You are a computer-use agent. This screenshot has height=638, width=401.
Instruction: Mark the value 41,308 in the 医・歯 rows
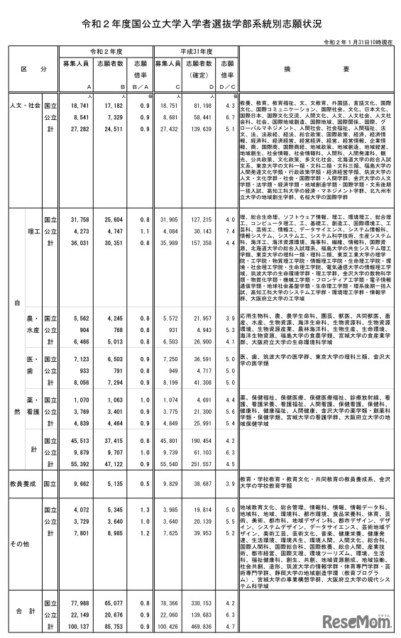199,381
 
